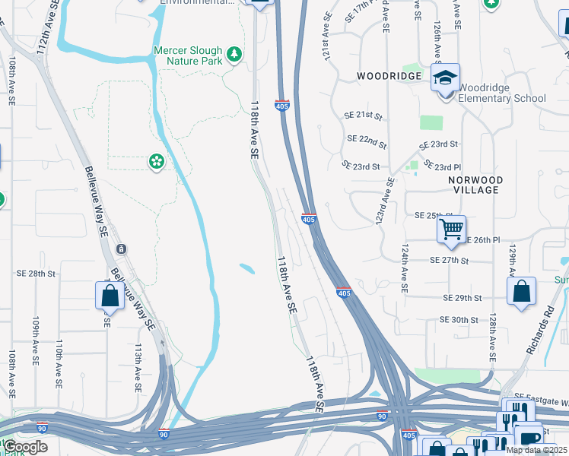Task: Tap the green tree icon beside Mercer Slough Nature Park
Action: pyautogui.click(x=235, y=53)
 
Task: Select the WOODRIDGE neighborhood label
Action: pyautogui.click(x=389, y=77)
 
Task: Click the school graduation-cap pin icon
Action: pyautogui.click(x=445, y=78)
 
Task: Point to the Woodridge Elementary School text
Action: pyautogui.click(x=502, y=93)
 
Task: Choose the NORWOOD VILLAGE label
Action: pyautogui.click(x=475, y=185)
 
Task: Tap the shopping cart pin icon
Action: pyautogui.click(x=451, y=228)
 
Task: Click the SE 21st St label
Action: pyautogui.click(x=363, y=116)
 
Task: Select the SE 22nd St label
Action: pyautogui.click(x=367, y=141)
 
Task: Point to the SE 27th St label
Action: pyautogui.click(x=450, y=260)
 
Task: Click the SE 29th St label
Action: pyautogui.click(x=463, y=298)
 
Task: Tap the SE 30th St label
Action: pyautogui.click(x=459, y=320)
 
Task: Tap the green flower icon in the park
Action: pyautogui.click(x=157, y=161)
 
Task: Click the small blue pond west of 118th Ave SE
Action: pyautogui.click(x=246, y=268)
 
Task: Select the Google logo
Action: pyautogui.click(x=25, y=447)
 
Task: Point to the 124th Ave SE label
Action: pyautogui.click(x=403, y=268)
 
